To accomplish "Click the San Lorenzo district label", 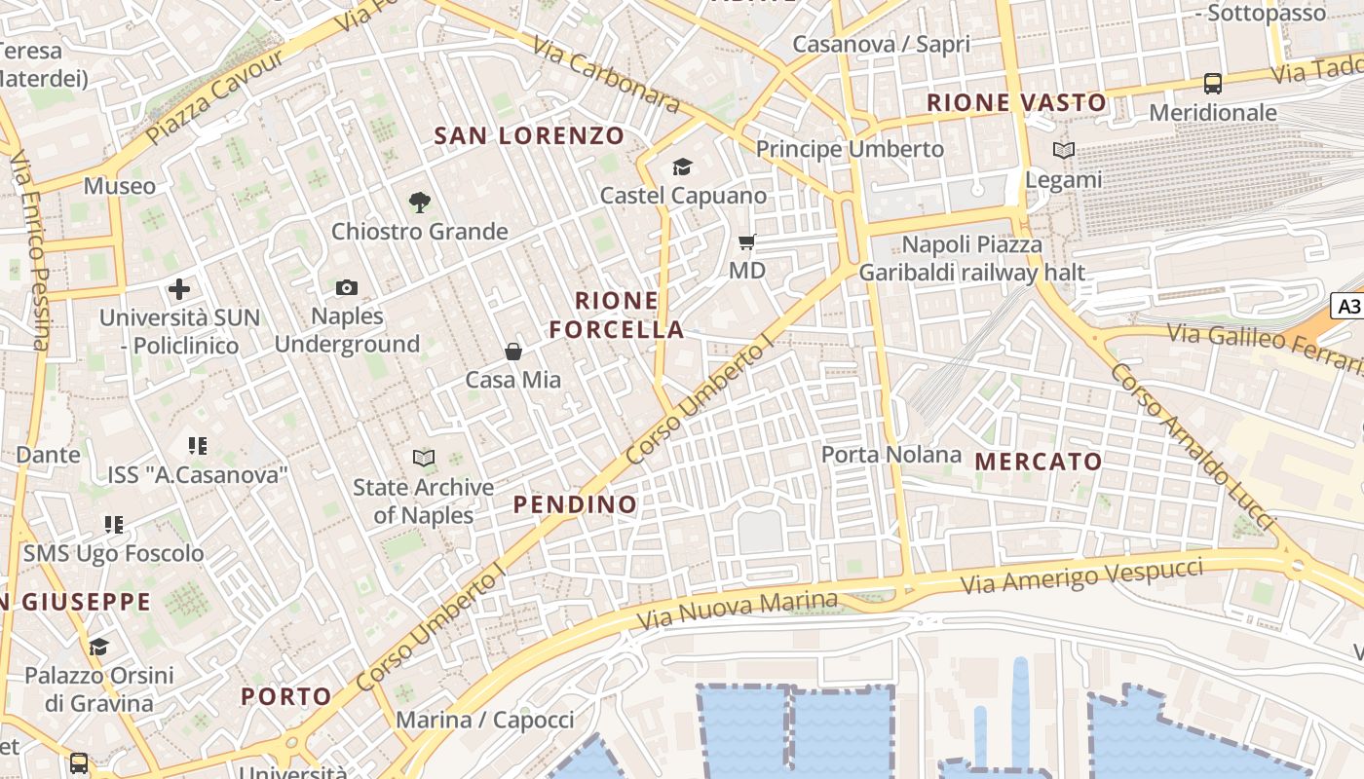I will click(x=529, y=135).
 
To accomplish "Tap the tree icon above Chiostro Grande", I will click(x=420, y=203).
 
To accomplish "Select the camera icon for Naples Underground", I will click(x=347, y=287).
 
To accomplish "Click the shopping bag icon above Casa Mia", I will click(x=513, y=352).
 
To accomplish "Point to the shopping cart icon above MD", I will click(x=747, y=241).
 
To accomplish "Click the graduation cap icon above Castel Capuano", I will click(x=682, y=167).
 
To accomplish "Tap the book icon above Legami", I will click(x=1064, y=151).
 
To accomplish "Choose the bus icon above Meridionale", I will click(x=1213, y=84).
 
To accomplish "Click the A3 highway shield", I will click(x=1348, y=307).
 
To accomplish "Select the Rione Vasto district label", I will click(x=1016, y=102).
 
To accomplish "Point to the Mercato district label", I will click(x=1039, y=462).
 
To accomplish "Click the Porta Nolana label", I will click(x=890, y=455).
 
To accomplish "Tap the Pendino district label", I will click(x=575, y=504).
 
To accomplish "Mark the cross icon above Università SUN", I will click(x=179, y=289).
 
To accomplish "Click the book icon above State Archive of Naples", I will click(x=424, y=458).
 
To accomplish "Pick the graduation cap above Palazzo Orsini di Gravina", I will click(x=98, y=648).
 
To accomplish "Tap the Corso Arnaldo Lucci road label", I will click(x=1193, y=448).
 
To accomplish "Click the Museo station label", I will click(x=119, y=186).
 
